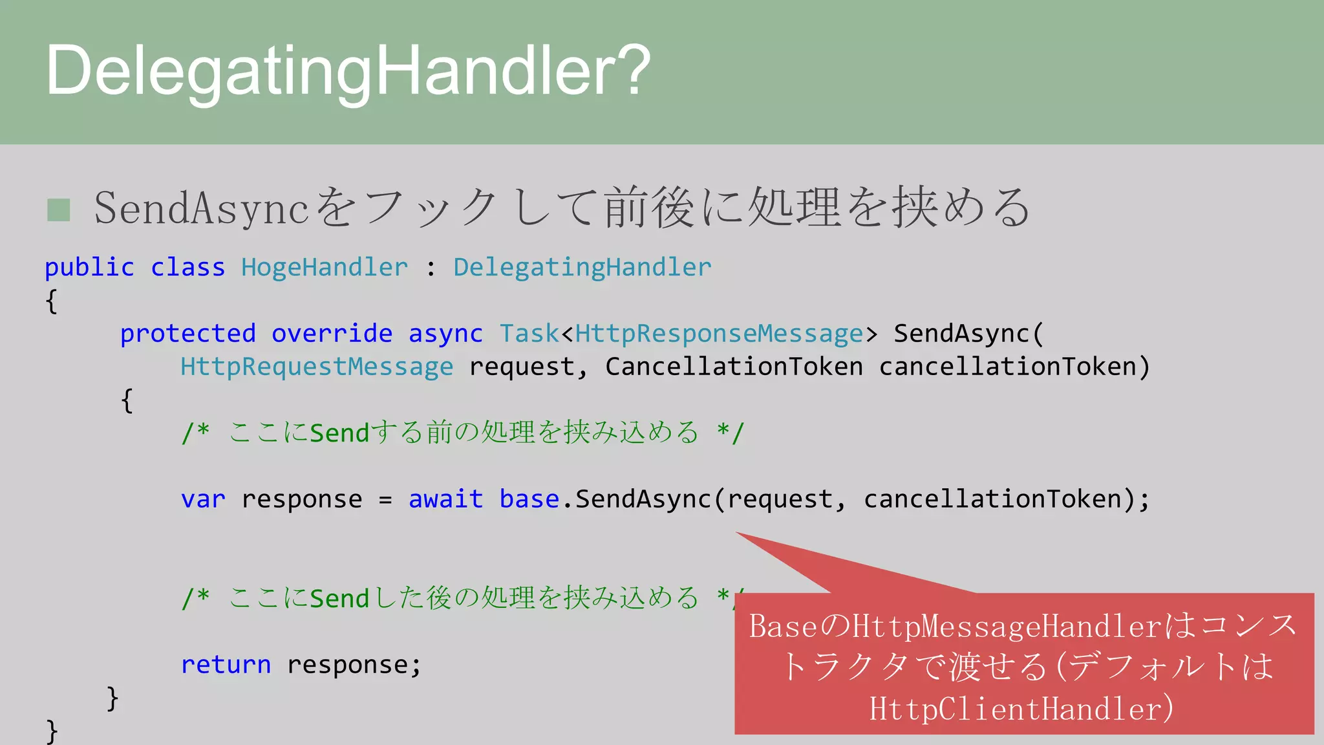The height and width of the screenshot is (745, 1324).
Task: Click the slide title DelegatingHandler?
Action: [348, 71]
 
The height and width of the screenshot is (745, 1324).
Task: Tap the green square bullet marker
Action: [59, 210]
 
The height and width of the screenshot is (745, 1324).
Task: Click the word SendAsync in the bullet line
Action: [201, 209]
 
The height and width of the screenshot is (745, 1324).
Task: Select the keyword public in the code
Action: [89, 268]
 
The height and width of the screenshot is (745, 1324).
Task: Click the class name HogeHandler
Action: [325, 268]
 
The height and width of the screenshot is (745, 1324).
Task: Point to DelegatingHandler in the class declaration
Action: [582, 268]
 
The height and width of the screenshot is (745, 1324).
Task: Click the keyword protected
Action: [188, 334]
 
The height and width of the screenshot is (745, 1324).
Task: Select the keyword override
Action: [332, 334]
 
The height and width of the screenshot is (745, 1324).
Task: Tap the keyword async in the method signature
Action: [445, 334]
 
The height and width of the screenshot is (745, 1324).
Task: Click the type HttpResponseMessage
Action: [719, 334]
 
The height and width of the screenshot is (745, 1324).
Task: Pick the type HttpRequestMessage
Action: [317, 367]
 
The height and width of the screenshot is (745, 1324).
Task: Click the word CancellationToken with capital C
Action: [734, 367]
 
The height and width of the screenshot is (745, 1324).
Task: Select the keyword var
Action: [203, 499]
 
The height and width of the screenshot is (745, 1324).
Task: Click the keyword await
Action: [445, 499]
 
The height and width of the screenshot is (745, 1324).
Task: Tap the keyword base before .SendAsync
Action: [529, 499]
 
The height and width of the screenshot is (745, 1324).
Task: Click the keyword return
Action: [226, 665]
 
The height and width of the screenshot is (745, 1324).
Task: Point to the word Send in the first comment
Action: [339, 433]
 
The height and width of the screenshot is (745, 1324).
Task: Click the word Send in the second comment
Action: [339, 599]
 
